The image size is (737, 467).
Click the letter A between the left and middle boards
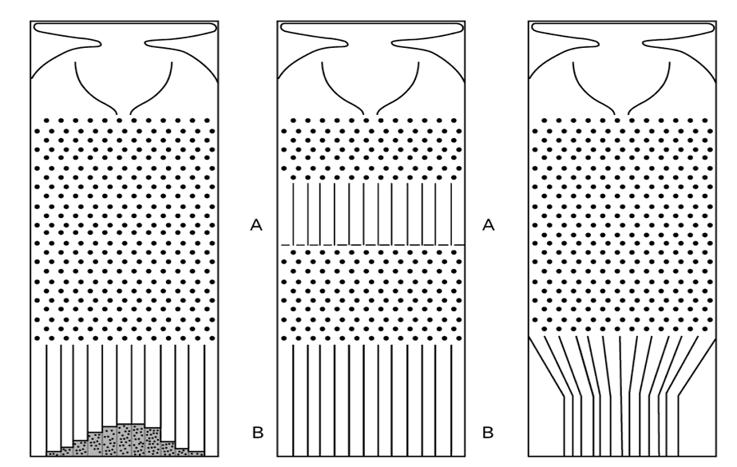(x=256, y=227)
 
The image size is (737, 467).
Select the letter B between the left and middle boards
(x=256, y=434)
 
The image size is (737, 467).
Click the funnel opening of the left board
(x=124, y=112)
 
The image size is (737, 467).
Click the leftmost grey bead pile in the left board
(x=53, y=452)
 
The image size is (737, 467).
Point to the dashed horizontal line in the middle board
(x=372, y=243)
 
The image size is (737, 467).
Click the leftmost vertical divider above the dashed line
(x=293, y=212)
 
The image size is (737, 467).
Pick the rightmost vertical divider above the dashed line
(x=451, y=212)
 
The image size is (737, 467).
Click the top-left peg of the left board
(x=46, y=121)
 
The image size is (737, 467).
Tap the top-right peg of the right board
(x=709, y=121)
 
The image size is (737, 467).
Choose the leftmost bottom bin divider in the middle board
(x=294, y=399)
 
